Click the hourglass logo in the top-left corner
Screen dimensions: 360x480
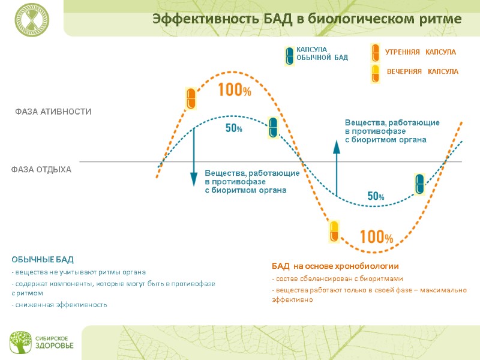32,19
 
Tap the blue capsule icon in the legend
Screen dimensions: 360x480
289,55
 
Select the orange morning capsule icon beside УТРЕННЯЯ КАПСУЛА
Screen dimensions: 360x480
375,53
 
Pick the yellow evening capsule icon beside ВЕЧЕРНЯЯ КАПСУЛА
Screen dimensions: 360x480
375,73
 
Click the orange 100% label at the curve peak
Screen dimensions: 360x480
234,91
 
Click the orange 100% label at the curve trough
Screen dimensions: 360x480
376,237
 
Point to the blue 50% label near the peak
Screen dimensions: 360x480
233,128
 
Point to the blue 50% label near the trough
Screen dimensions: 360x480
376,196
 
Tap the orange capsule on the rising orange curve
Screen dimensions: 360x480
191,98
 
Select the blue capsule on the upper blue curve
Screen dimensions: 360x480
273,127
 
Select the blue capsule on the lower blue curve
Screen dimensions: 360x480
420,184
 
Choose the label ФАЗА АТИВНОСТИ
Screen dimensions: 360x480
53,112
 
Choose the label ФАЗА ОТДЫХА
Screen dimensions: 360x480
41,170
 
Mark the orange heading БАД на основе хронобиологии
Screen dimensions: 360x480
335,266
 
